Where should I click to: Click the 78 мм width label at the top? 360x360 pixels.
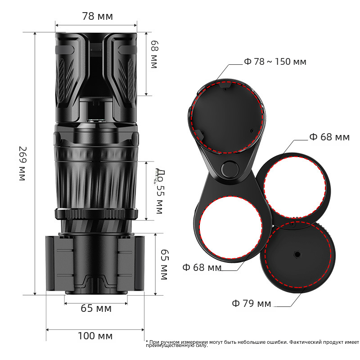[98, 16]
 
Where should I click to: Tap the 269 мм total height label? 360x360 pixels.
[23, 164]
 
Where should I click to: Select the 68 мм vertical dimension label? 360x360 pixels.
[154, 54]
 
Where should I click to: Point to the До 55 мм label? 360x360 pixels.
[160, 191]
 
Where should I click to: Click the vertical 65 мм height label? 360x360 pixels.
[164, 265]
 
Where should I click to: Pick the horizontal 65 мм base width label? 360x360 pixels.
[96, 308]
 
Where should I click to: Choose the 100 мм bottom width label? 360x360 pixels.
[95, 336]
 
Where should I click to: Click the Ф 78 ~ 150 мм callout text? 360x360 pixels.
[275, 62]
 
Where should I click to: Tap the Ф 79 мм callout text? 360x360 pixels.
[252, 303]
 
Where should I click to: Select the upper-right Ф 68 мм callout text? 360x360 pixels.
[329, 137]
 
